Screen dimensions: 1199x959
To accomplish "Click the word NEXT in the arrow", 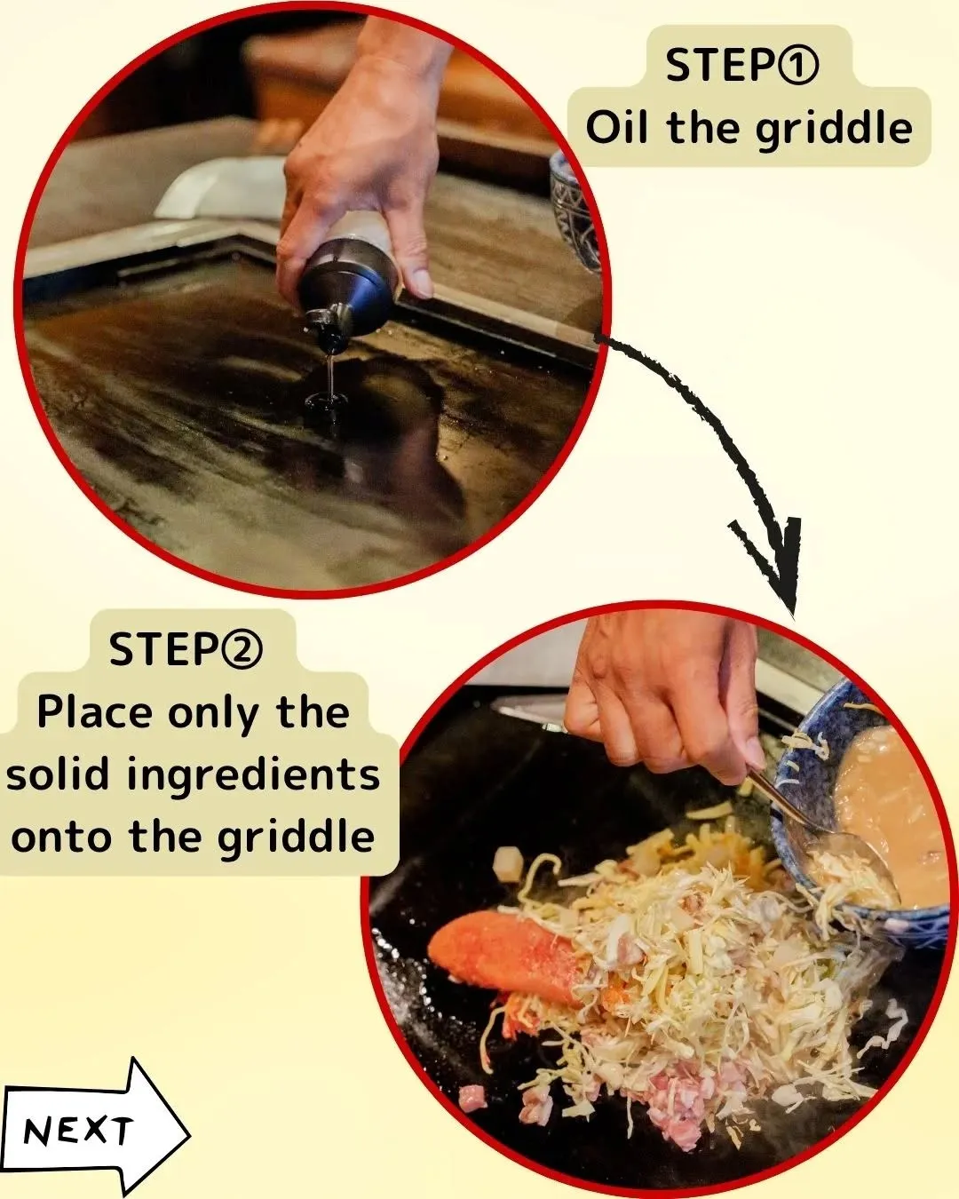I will click(78, 1130).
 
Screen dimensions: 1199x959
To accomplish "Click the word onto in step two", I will click(63, 836).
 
